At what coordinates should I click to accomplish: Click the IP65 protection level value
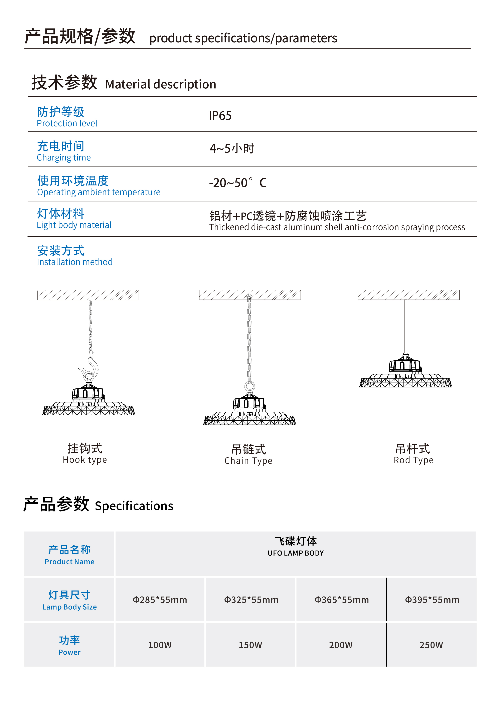pos(220,116)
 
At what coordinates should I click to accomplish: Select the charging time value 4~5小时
pos(232,148)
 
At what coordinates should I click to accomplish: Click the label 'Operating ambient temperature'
pos(99,192)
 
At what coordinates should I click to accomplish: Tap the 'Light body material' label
pos(74,225)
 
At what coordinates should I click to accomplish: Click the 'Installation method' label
pos(75,262)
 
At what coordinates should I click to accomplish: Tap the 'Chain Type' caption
pos(248,461)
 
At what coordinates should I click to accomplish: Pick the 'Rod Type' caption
pos(413,460)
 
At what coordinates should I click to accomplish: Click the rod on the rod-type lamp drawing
pos(405,327)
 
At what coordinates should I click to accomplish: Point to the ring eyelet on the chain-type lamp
pos(250,386)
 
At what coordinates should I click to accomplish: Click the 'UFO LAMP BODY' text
pos(296,553)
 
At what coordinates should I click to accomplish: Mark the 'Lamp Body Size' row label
pos(69,607)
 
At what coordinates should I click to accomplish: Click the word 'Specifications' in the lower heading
pos(134,506)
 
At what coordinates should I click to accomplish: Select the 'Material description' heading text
pos(161,84)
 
